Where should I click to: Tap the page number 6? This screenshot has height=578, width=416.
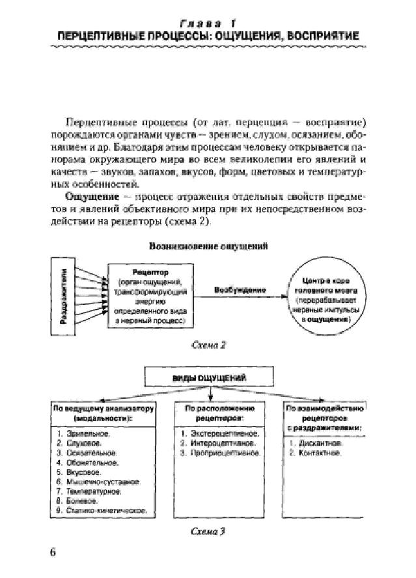[53, 553]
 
